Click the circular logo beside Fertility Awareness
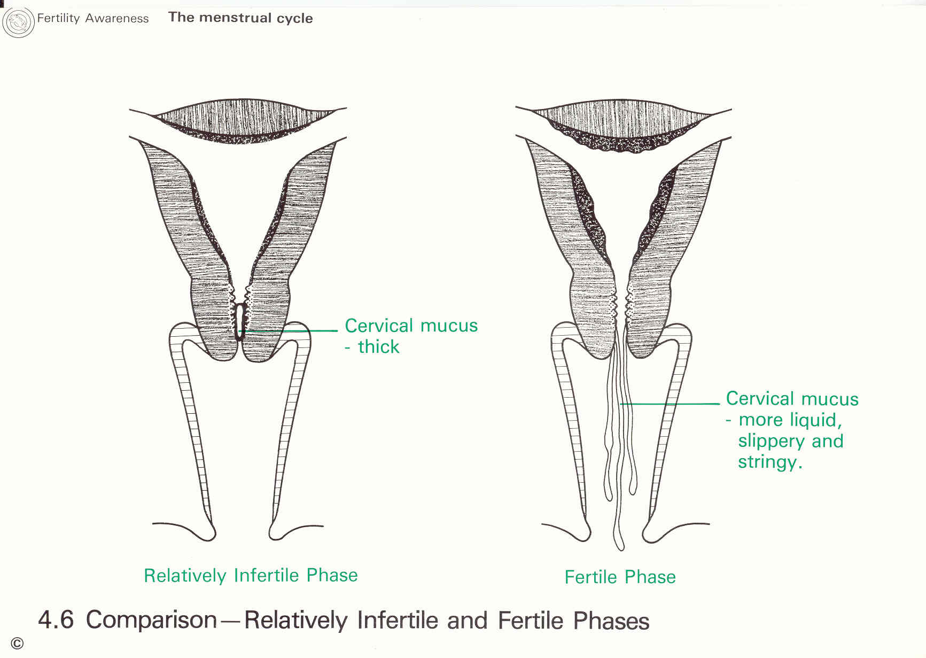[x=18, y=22]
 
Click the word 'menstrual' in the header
[x=235, y=18]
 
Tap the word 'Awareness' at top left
[x=116, y=18]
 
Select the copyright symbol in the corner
[x=17, y=644]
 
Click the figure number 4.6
[x=56, y=620]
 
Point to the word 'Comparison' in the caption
[x=151, y=620]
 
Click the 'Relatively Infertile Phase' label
[x=251, y=575]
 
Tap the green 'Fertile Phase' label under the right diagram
[x=620, y=577]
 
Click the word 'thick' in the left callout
[x=378, y=347]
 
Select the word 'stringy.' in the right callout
[x=770, y=462]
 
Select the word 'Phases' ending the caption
[x=611, y=621]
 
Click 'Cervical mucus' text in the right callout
[x=792, y=399]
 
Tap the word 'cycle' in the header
[x=294, y=18]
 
